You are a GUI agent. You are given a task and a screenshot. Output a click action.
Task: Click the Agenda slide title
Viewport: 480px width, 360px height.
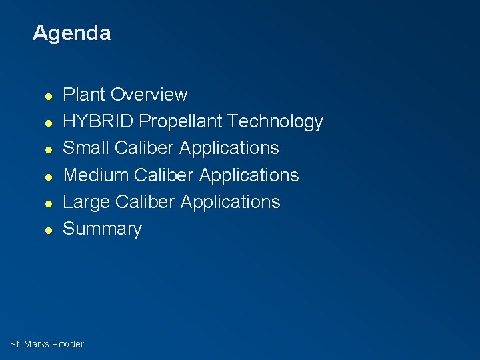point(71,33)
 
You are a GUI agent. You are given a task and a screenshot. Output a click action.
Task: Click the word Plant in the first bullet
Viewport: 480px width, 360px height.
point(84,95)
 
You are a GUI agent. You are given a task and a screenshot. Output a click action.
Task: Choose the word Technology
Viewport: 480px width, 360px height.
point(275,122)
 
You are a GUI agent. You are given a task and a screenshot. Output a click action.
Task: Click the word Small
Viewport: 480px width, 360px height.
point(86,148)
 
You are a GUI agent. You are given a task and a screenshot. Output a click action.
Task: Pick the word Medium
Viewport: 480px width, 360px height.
point(96,175)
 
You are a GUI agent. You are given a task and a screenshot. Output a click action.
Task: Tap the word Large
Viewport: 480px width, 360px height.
point(86,202)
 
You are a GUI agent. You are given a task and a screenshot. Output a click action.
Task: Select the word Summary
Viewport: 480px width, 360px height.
point(102,229)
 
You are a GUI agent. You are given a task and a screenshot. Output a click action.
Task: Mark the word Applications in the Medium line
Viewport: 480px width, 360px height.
point(249,175)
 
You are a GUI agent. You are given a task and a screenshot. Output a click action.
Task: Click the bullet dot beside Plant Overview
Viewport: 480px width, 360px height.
point(48,96)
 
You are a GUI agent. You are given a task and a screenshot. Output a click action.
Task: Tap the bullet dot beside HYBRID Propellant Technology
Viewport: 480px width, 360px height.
point(48,123)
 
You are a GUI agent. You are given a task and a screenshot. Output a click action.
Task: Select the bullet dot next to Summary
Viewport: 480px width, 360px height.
point(48,230)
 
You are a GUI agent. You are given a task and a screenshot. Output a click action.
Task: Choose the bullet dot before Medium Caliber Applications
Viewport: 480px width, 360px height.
point(48,176)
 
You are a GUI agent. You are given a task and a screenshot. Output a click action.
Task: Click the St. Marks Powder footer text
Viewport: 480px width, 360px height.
point(47,344)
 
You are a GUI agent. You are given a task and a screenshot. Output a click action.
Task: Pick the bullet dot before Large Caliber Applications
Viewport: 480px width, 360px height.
point(48,203)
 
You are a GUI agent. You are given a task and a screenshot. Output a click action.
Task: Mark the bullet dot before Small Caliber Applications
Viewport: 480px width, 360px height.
point(48,149)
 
